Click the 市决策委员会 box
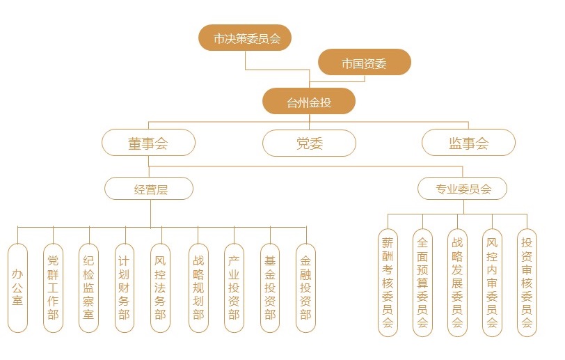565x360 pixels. coord(244,38)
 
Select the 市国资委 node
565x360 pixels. coord(364,63)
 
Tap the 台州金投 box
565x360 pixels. coord(309,102)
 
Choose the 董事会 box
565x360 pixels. coord(148,143)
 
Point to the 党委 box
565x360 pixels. coord(309,143)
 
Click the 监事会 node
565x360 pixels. coord(468,143)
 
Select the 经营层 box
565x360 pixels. coord(149,189)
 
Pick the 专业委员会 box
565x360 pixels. coord(463,189)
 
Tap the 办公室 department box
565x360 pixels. coord(17,288)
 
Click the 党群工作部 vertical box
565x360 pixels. coord(54,288)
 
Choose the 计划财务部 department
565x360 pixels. coord(124,288)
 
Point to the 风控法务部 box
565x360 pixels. coord(161,288)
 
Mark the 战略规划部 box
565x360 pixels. coord(198,288)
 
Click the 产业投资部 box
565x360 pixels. coord(234,288)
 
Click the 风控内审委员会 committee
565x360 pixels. coord(492,283)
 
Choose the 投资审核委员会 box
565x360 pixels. coord(527,283)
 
